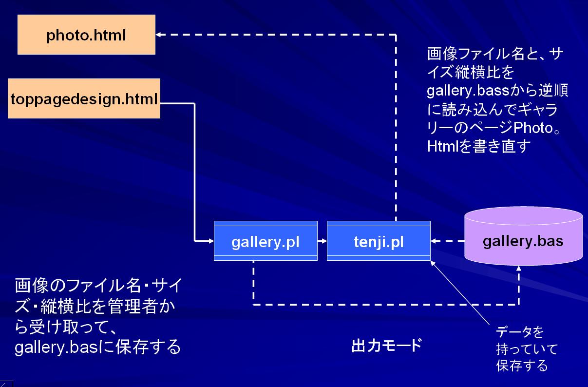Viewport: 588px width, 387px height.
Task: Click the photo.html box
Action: pyautogui.click(x=86, y=35)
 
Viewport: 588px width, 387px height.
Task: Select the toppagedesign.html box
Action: pyautogui.click(x=84, y=98)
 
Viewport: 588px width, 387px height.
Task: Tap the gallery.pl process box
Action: pyautogui.click(x=266, y=241)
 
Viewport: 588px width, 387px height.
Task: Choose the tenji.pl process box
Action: pyautogui.click(x=379, y=241)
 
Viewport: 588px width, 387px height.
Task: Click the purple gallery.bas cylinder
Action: pyautogui.click(x=523, y=236)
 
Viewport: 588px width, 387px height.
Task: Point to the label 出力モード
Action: pyautogui.click(x=387, y=345)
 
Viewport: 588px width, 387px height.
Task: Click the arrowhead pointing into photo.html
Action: pyautogui.click(x=158, y=35)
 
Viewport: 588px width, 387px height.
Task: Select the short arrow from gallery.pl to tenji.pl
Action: pyautogui.click(x=322, y=241)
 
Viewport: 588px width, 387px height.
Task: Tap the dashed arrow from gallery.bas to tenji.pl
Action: pyautogui.click(x=448, y=241)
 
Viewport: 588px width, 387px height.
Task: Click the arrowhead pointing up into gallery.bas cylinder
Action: pyautogui.click(x=519, y=269)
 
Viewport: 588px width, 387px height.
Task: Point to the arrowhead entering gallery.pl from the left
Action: pyautogui.click(x=211, y=241)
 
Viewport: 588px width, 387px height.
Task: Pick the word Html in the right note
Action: pyautogui.click(x=442, y=146)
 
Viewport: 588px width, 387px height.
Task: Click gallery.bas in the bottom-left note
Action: pyautogui.click(x=57, y=348)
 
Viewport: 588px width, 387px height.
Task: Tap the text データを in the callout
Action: pyautogui.click(x=520, y=331)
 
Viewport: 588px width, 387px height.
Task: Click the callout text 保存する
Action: pyautogui.click(x=522, y=365)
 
